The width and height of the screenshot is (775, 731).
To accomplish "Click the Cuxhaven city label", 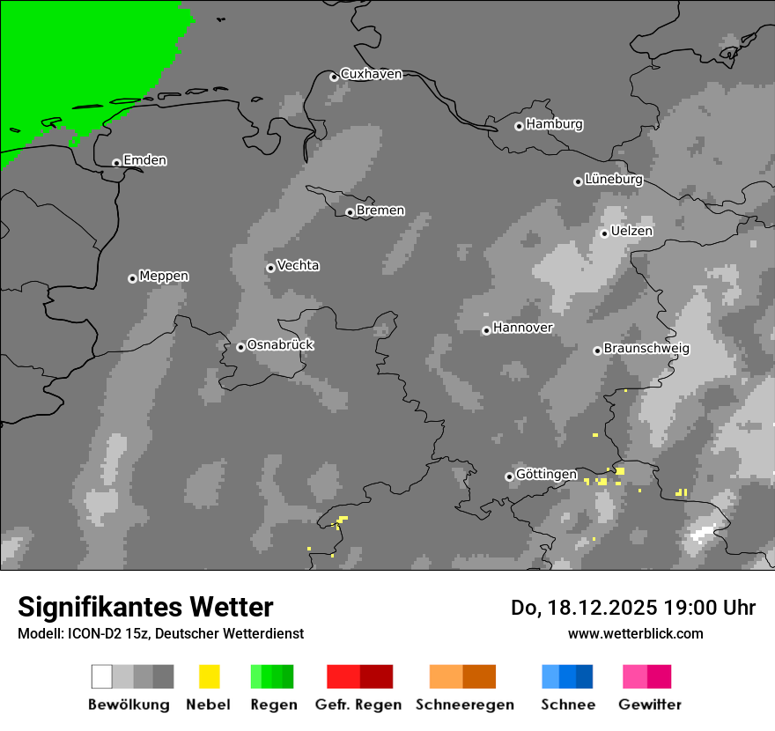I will [x=371, y=74].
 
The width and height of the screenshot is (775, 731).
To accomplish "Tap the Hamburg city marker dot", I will [x=519, y=126].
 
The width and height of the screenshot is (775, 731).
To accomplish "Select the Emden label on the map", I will [x=144, y=160].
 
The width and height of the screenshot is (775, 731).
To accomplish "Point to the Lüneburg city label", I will [x=613, y=179].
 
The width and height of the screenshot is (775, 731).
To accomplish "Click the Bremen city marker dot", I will [x=350, y=212].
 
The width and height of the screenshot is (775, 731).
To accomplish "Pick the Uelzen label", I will [x=631, y=231].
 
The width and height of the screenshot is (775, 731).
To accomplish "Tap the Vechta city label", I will [x=298, y=265].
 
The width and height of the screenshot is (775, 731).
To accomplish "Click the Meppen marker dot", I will [x=132, y=278].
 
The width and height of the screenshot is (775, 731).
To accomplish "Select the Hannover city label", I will [x=522, y=328].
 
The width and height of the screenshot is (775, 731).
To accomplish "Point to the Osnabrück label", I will [x=280, y=344].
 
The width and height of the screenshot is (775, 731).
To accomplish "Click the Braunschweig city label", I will [x=646, y=348].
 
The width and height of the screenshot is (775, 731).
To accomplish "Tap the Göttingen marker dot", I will [x=509, y=476].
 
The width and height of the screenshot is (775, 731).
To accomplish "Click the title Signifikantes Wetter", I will [x=145, y=607].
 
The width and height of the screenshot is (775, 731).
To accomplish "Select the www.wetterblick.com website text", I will [x=635, y=633].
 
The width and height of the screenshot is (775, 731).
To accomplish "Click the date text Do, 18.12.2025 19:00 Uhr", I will [x=632, y=608].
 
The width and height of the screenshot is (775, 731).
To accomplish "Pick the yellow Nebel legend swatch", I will [x=209, y=676].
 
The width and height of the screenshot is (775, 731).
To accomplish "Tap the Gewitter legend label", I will [x=649, y=705].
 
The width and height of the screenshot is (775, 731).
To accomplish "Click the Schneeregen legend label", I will [x=464, y=705].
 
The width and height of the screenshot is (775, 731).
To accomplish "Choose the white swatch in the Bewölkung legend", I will [x=101, y=676].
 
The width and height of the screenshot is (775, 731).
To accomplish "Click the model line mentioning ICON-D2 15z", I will [x=160, y=633].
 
